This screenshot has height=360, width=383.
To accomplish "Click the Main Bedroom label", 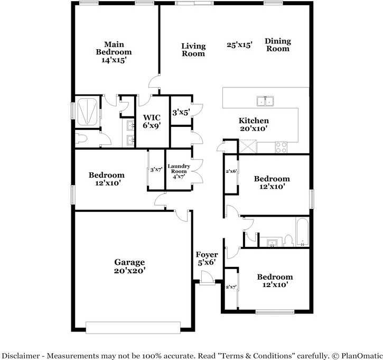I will pos(114,52).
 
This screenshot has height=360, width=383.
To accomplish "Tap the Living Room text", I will pos(193,50).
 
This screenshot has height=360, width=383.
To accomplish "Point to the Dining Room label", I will pos(278,45).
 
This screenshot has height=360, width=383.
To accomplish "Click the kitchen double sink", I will pos(265,100).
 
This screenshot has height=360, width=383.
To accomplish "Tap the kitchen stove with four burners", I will pos(281,147).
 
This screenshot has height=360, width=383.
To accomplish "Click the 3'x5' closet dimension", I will pos(181,112).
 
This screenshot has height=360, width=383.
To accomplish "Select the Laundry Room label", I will pos(178,171).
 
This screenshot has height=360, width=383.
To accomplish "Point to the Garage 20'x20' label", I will pos(129,266).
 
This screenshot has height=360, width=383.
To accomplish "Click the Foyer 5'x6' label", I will pos(207,259).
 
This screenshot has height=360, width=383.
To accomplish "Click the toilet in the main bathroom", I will pos(81,139).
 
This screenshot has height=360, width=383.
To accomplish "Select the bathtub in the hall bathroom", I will pos(302,233).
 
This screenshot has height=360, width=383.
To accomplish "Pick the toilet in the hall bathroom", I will pos(288,241).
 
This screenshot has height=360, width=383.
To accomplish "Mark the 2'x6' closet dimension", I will pos(231,171).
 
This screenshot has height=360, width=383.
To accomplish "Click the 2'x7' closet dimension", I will pos(231,287).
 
